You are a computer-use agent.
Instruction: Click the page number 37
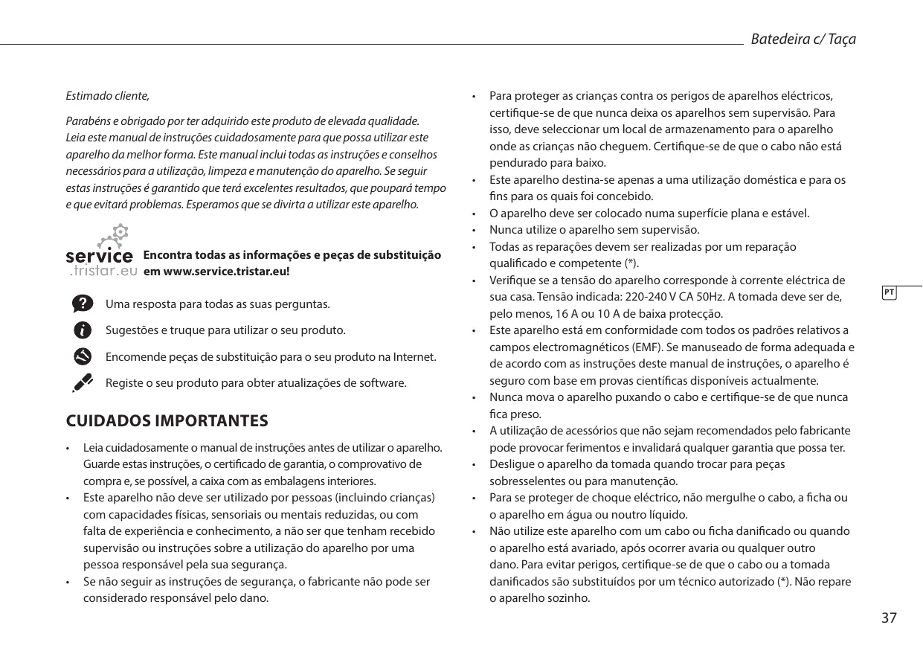(889, 618)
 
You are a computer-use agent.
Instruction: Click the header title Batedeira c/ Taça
(803, 39)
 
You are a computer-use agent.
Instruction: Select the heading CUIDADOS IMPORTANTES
(167, 421)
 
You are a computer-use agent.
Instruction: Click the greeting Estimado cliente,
(107, 97)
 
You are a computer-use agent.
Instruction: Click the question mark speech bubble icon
(84, 303)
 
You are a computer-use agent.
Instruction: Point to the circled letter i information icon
(84, 330)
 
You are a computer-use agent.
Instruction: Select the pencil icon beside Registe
(83, 382)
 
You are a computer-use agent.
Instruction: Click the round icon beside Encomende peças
(84, 356)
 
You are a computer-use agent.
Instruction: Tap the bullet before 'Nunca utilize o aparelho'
(475, 230)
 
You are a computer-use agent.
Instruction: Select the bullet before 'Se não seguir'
(68, 582)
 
